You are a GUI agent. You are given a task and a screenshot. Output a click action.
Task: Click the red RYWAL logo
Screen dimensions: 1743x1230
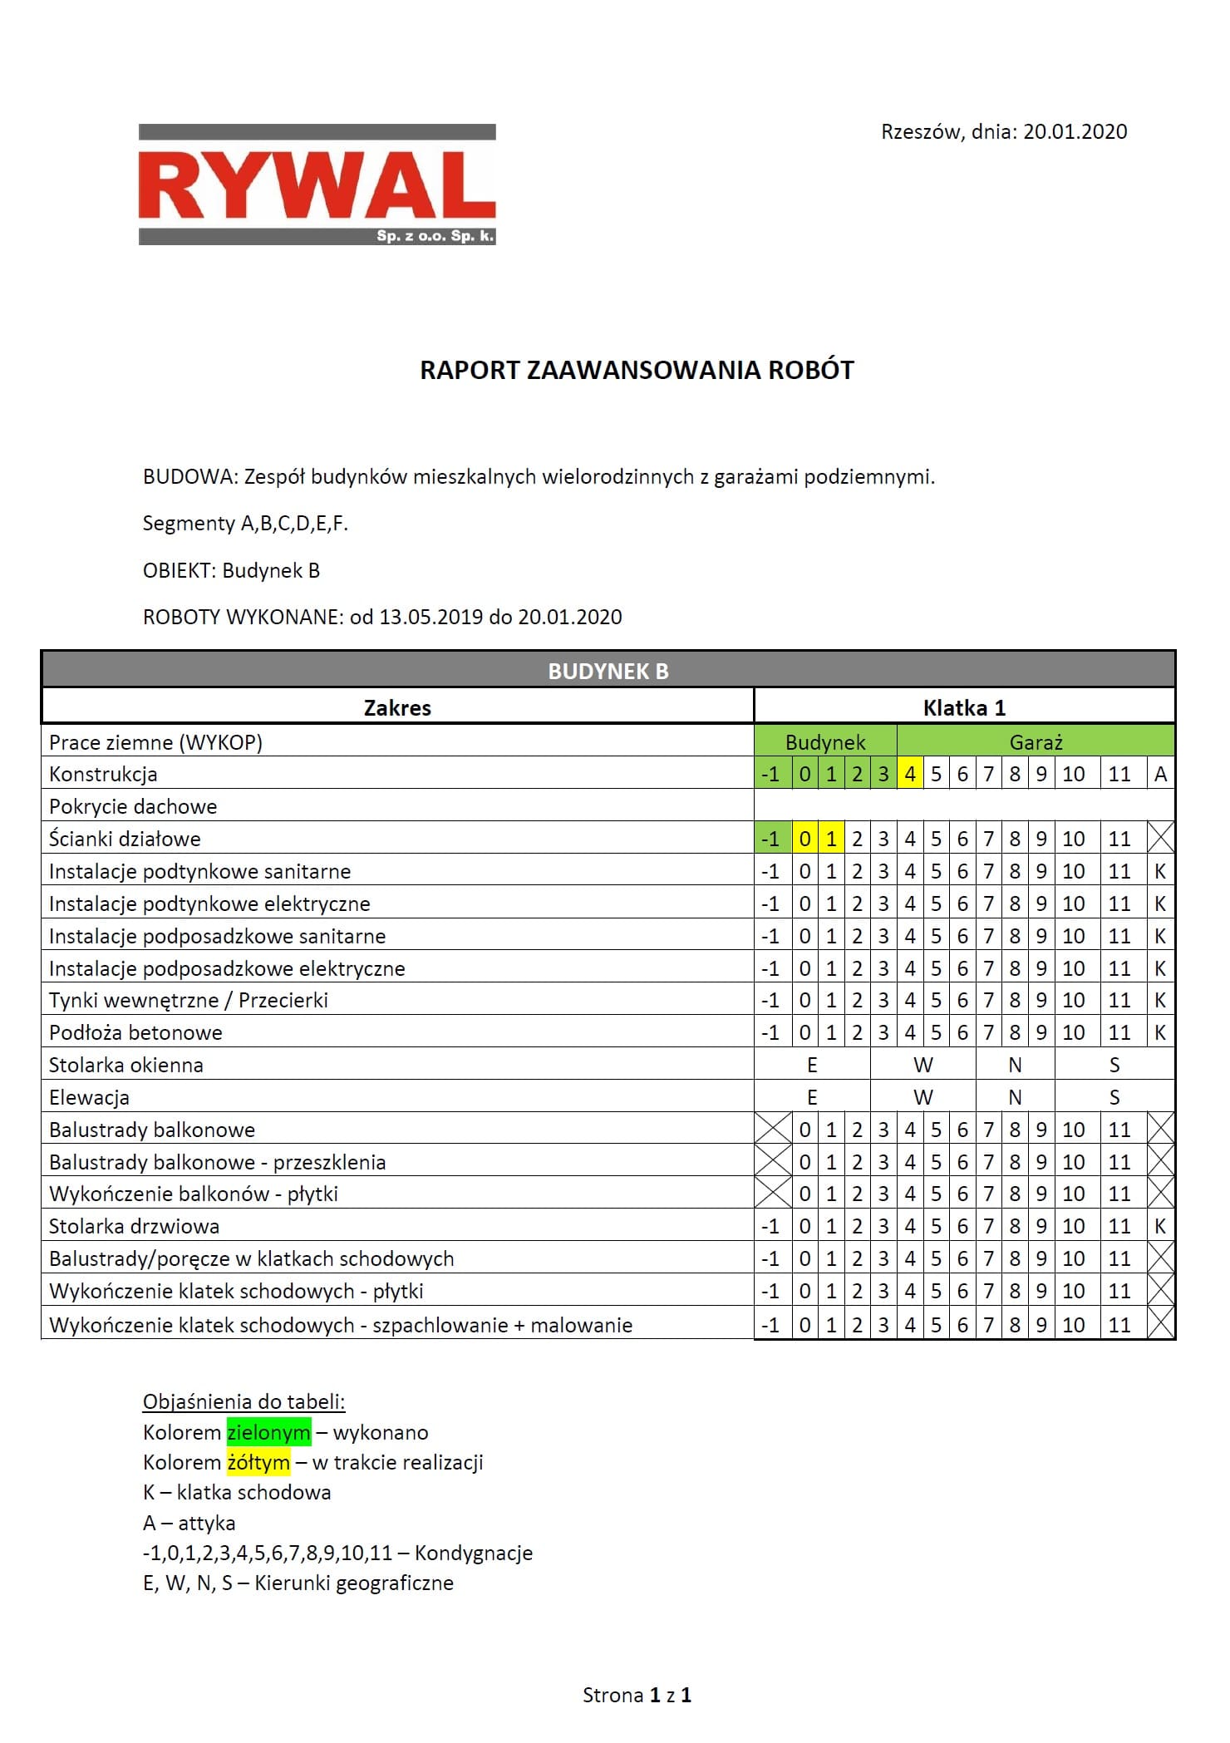317,185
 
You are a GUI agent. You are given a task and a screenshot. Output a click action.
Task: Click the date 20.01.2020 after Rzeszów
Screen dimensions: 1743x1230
1075,131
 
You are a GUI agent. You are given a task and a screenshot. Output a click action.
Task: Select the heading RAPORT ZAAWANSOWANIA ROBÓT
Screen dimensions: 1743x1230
637,370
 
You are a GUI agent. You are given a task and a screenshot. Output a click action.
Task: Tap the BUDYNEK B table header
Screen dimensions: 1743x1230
608,671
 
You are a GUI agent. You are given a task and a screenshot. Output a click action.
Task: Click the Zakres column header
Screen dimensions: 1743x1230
397,707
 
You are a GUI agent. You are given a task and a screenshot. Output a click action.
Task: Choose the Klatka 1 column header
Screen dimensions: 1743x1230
964,707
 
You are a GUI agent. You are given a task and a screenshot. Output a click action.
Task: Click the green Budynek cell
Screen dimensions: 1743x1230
825,742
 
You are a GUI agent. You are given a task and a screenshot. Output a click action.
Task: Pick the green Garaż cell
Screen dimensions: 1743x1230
1036,742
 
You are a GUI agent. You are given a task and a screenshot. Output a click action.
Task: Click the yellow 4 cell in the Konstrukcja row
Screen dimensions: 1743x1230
910,774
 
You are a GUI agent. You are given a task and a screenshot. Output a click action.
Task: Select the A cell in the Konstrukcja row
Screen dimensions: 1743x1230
1160,774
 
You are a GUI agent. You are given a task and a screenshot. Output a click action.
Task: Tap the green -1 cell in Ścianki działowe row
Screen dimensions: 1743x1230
771,839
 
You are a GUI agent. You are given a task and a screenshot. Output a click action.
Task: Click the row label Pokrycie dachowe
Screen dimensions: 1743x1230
133,806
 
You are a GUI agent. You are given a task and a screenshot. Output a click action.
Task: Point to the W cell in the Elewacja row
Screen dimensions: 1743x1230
922,1097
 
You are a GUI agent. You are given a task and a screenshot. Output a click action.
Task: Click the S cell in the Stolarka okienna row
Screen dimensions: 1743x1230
1114,1065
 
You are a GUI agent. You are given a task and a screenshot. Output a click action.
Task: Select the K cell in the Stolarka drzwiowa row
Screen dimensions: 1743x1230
1160,1226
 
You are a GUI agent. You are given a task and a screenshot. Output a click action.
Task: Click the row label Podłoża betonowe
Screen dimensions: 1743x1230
135,1032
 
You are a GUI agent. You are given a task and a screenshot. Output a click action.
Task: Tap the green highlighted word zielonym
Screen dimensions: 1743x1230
268,1432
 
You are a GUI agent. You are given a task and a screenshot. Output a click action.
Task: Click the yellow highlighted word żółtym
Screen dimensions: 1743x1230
258,1462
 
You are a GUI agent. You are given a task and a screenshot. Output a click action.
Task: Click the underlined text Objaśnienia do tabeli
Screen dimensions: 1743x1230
244,1401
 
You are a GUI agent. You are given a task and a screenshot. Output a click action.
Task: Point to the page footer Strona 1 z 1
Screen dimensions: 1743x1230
637,1695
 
